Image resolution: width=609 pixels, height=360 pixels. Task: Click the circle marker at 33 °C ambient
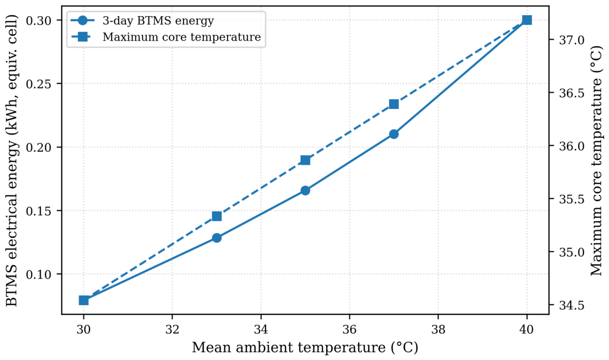coord(217,237)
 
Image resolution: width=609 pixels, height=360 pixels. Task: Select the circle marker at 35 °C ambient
coord(305,190)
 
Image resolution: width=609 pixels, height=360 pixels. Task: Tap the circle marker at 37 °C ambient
coord(394,134)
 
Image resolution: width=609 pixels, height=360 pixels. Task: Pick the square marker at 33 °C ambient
coord(217,216)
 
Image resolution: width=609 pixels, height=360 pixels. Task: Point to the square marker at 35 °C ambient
coord(305,160)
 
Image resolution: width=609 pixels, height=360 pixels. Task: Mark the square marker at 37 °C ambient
coord(394,104)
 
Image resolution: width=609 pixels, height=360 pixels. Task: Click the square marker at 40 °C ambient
coord(527,20)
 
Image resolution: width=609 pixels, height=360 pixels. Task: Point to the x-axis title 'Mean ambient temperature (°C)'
coord(305,347)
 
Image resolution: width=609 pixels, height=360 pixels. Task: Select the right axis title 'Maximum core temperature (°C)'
coord(596,160)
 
